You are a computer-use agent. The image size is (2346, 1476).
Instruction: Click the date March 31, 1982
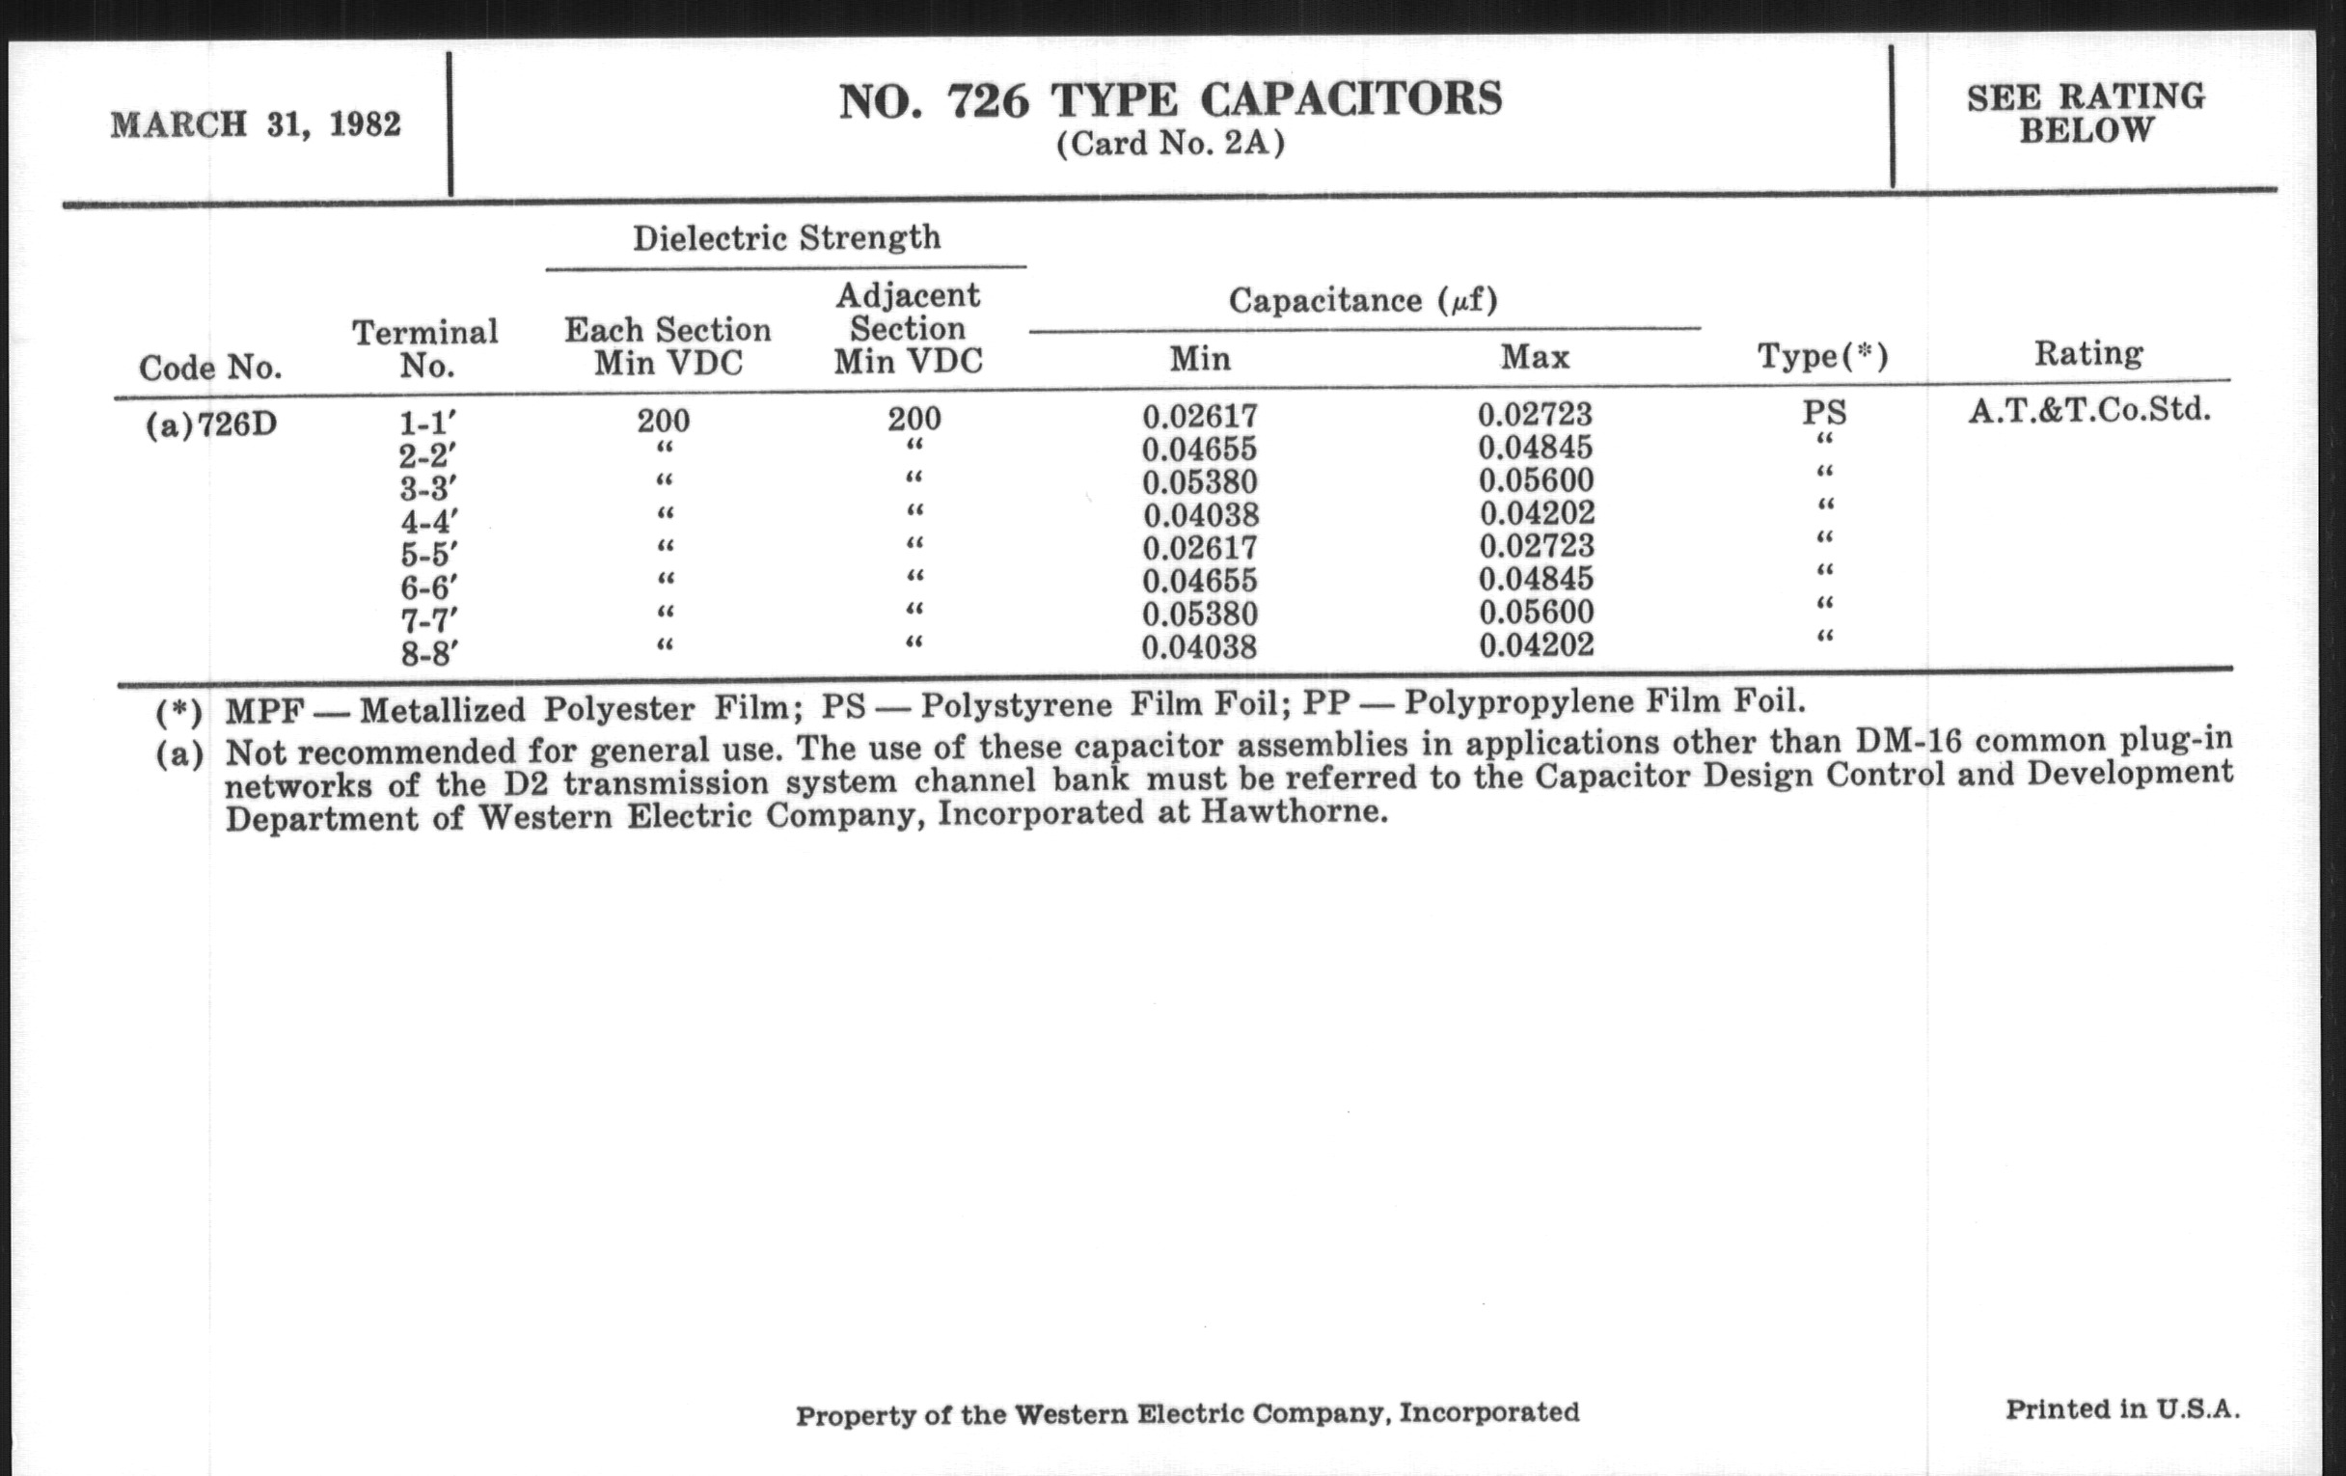tap(256, 125)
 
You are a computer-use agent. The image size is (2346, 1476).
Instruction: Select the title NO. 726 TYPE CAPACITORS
tap(1170, 100)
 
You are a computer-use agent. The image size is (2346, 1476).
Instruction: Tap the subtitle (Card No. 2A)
tap(1170, 144)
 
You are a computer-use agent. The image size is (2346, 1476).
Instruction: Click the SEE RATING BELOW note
tap(2085, 113)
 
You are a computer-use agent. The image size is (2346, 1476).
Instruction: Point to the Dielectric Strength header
tap(786, 237)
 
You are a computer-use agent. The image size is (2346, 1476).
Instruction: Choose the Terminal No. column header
tap(424, 349)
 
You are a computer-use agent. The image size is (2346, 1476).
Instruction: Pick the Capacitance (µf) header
tap(1362, 300)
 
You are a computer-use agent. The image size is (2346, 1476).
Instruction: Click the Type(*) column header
tap(1822, 356)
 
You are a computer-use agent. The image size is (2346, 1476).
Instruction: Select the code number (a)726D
tap(211, 425)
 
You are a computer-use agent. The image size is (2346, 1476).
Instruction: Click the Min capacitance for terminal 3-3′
tap(1199, 482)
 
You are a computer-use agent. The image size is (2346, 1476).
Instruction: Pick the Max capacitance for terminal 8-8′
tap(1536, 645)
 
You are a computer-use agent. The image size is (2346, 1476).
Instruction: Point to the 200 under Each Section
tap(664, 421)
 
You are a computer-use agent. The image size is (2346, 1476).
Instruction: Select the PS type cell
tap(1824, 413)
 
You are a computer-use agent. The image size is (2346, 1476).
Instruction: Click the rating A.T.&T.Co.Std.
tap(2088, 410)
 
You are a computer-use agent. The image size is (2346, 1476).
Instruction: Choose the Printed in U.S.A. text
tap(2122, 1408)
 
